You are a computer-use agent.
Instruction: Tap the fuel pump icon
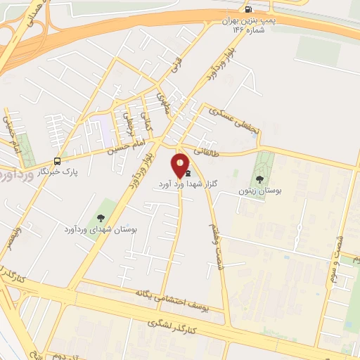pyautogui.click(x=247, y=9)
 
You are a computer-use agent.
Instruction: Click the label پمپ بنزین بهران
pyautogui.click(x=247, y=22)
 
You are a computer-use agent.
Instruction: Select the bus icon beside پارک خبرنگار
pyautogui.click(x=57, y=160)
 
